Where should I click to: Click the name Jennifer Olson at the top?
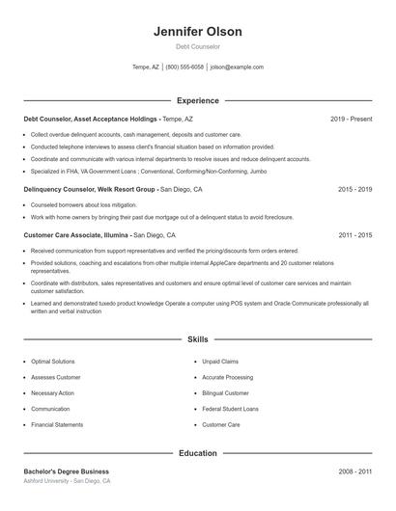(197, 31)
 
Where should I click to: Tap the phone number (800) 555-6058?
(184, 67)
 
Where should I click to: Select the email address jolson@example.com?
(237, 67)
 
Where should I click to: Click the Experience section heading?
(197, 100)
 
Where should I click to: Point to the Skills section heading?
(197, 339)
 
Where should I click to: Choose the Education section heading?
(197, 452)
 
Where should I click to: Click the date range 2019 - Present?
(351, 119)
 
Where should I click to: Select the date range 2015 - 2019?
(354, 190)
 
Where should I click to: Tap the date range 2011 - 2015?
(354, 234)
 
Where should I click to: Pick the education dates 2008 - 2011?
(354, 471)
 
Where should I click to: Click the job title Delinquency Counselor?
(62, 190)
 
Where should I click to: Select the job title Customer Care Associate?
(64, 234)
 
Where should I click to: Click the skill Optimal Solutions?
(52, 362)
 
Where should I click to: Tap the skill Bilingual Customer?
(226, 393)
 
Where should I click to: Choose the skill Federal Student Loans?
(229, 409)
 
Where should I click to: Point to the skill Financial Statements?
(57, 424)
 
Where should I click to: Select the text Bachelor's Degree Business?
(66, 471)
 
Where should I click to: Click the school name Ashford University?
(47, 480)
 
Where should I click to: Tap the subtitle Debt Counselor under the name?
(197, 46)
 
